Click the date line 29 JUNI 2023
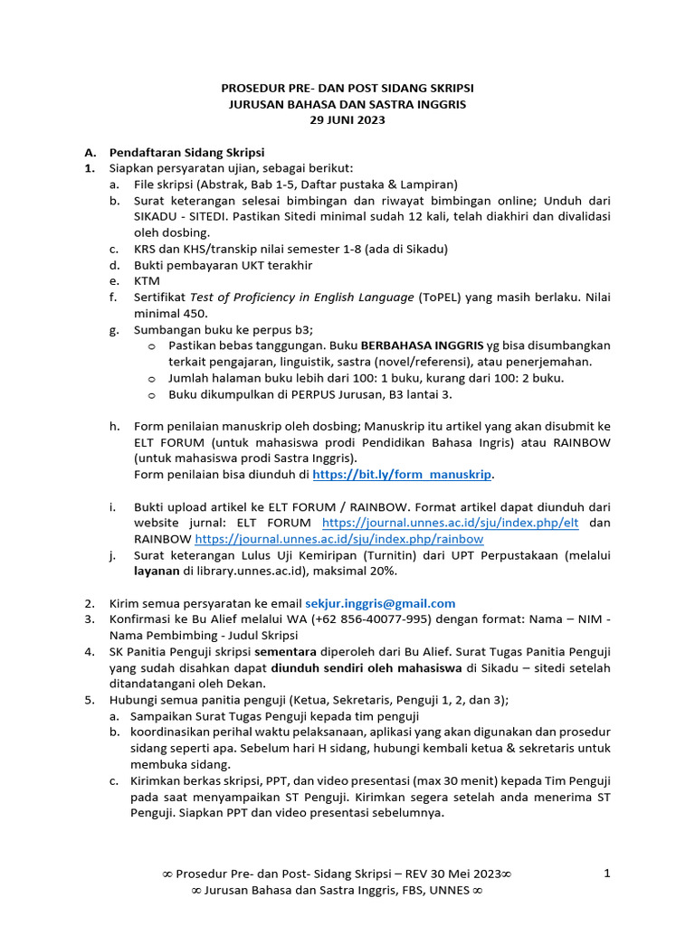tap(347, 119)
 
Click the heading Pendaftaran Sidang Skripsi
tap(186, 152)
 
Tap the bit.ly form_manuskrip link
tap(403, 474)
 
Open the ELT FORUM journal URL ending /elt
tap(451, 523)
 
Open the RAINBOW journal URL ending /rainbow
tap(339, 539)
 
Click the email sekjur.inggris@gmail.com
tap(380, 603)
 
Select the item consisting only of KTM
tap(147, 281)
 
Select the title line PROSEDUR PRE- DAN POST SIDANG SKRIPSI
tap(347, 88)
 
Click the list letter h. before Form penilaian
tap(114, 426)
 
